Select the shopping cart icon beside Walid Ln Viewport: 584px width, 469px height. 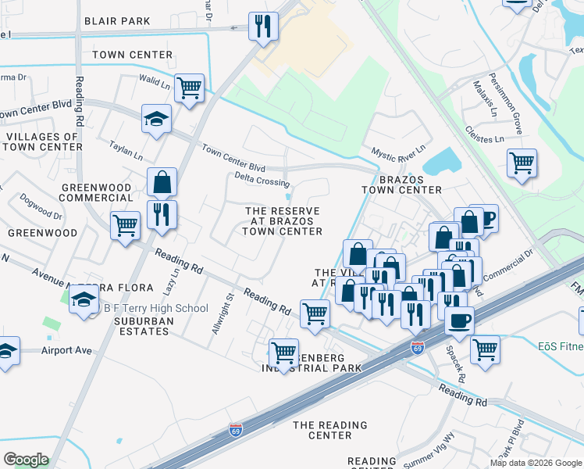(x=189, y=88)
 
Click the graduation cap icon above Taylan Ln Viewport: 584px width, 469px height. (x=156, y=120)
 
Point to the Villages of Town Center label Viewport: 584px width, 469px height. (x=42, y=141)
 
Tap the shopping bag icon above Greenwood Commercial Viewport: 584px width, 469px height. (x=161, y=183)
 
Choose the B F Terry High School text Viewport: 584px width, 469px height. (x=156, y=309)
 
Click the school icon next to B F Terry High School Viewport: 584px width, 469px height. (x=84, y=299)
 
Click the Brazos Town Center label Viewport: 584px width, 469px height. (x=402, y=184)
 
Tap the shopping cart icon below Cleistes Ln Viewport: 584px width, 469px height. (x=521, y=163)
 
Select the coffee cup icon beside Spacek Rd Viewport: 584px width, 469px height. (x=459, y=319)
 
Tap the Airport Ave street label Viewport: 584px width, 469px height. (x=67, y=351)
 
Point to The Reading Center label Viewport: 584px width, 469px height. (x=329, y=430)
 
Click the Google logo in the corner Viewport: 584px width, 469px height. (x=25, y=460)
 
